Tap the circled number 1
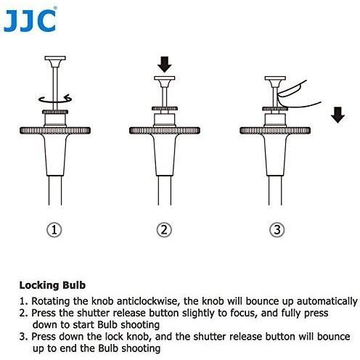(x=55, y=230)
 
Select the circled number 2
(x=165, y=230)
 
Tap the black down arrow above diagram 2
(x=165, y=64)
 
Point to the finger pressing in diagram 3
(x=293, y=89)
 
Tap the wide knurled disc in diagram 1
(x=55, y=131)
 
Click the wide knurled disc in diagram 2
(x=165, y=131)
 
